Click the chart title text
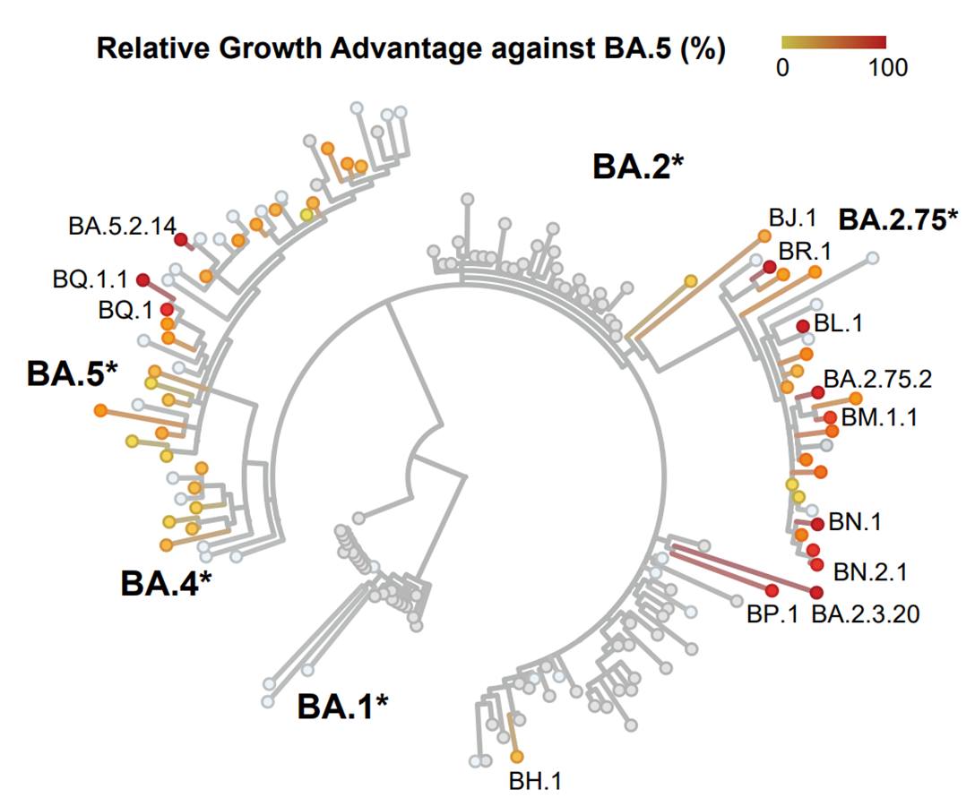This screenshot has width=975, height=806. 410,48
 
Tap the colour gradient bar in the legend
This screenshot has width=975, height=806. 833,41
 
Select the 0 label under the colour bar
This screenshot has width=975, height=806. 782,68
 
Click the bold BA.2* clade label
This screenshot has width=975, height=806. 638,167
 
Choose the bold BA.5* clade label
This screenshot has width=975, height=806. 73,374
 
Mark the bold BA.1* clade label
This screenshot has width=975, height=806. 343,707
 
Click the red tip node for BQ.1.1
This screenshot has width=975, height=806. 142,280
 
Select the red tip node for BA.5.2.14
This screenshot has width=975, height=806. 180,239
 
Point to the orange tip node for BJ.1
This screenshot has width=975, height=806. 764,236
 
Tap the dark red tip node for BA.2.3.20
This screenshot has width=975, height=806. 816,593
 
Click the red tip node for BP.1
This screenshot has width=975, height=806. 772,589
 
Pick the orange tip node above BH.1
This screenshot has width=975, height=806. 516,757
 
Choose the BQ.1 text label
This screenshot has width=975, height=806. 126,310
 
